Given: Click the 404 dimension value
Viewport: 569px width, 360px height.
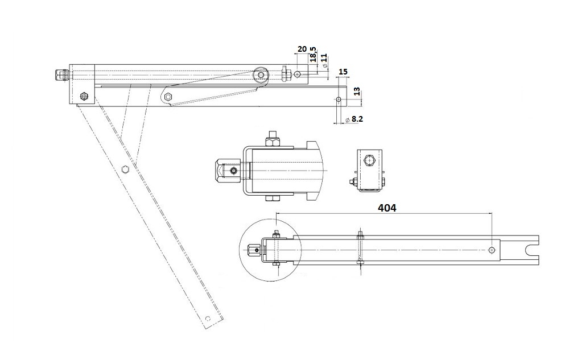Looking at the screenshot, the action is [x=387, y=208].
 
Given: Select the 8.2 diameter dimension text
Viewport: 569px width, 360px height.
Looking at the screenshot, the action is [x=354, y=118].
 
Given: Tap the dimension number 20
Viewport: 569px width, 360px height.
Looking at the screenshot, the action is [x=302, y=48].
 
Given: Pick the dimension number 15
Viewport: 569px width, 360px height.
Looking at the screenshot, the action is [x=343, y=72].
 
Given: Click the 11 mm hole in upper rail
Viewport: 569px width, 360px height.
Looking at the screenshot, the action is [x=298, y=74].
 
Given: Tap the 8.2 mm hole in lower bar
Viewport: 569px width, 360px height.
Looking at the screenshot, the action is [x=339, y=99].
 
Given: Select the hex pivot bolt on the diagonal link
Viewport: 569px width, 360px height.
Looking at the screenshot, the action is [x=168, y=97].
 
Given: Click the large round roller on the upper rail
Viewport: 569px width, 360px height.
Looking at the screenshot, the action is [x=260, y=75].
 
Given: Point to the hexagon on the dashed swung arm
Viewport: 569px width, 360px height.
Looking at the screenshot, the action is [x=125, y=168].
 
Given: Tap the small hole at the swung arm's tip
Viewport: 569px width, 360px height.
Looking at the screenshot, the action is [x=208, y=318].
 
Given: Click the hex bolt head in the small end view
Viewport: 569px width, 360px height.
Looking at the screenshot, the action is [x=370, y=160].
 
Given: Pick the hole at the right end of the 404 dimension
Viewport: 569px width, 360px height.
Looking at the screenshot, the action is [x=492, y=250].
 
